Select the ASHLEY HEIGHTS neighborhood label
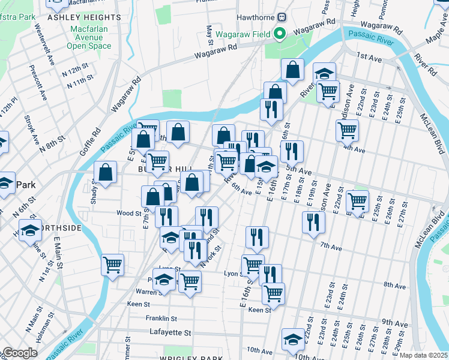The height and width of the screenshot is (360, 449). coord(83,17)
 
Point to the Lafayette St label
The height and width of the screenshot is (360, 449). coord(170,332)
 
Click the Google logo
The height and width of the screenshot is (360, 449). coord(19,353)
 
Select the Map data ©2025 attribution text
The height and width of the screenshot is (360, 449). coord(423,355)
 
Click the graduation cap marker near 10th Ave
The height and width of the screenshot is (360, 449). coord(294,340)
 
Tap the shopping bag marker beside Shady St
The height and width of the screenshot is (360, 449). coord(105,173)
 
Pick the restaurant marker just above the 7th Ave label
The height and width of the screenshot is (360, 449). coord(313,221)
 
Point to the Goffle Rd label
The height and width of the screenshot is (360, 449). coord(88,139)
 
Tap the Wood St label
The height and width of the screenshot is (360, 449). coord(129,212)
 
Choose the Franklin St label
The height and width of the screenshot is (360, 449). coord(161,319)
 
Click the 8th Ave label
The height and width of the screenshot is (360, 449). coord(395,285)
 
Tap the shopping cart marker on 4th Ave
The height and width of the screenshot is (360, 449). coord(348,130)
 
